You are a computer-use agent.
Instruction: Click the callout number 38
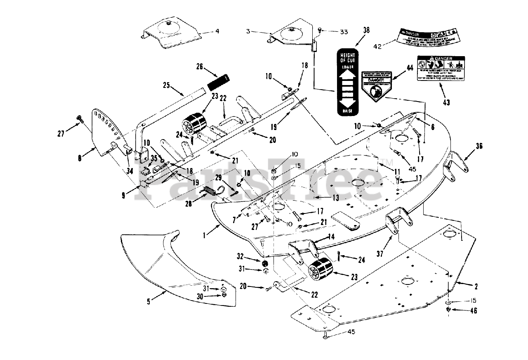[366, 30]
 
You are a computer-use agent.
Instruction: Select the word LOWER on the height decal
[346, 66]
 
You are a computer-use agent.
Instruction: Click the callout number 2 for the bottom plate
[476, 286]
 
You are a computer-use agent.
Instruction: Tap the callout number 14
[331, 237]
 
